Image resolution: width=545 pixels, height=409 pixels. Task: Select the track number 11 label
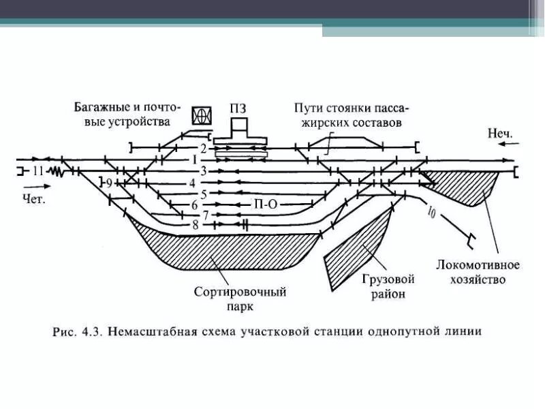tap(38, 171)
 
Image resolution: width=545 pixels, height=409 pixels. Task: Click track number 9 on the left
tap(108, 183)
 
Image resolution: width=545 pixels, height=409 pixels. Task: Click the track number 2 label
tap(202, 148)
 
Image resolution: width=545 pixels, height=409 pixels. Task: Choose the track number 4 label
tap(193, 183)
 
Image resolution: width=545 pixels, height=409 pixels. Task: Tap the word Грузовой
tap(389, 279)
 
